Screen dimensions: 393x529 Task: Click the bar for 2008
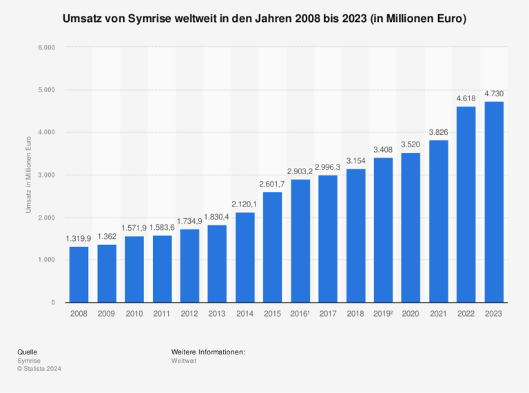point(79,274)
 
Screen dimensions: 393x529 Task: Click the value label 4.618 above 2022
point(466,99)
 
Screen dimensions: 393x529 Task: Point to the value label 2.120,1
point(245,205)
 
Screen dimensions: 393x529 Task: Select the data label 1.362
point(106,237)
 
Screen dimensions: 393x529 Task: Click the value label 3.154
point(355,162)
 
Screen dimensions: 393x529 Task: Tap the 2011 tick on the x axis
point(161,314)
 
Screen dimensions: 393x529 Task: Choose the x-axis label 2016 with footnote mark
point(300,314)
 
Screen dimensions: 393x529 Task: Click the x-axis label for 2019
point(383,314)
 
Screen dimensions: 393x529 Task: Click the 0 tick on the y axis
point(53,302)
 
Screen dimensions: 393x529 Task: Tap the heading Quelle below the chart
point(27,352)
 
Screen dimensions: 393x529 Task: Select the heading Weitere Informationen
point(209,352)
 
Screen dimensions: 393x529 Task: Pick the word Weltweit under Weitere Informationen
point(184,360)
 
